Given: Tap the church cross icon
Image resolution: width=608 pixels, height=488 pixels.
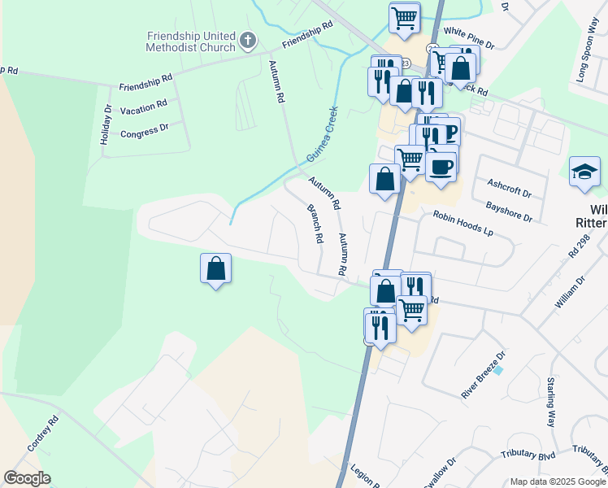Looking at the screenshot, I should pyautogui.click(x=249, y=39).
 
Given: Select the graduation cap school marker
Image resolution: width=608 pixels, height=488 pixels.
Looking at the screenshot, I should pyautogui.click(x=584, y=172).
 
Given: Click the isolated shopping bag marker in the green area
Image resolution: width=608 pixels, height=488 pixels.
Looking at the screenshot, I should pyautogui.click(x=216, y=268).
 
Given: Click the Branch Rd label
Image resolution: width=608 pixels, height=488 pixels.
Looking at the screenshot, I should pyautogui.click(x=315, y=224).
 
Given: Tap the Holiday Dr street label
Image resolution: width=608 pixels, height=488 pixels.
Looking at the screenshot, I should pyautogui.click(x=106, y=124).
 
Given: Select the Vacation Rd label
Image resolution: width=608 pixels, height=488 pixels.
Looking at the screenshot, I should pyautogui.click(x=143, y=107).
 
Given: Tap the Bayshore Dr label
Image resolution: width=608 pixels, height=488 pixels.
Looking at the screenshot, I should pyautogui.click(x=510, y=212).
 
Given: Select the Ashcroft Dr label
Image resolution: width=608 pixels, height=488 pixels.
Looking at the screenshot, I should pyautogui.click(x=508, y=189).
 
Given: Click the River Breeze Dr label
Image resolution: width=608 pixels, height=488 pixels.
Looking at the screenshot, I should pyautogui.click(x=483, y=374).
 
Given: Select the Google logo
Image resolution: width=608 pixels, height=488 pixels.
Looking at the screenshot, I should pyautogui.click(x=27, y=478).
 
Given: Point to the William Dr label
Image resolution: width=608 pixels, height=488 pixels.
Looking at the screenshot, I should pyautogui.click(x=570, y=292).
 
